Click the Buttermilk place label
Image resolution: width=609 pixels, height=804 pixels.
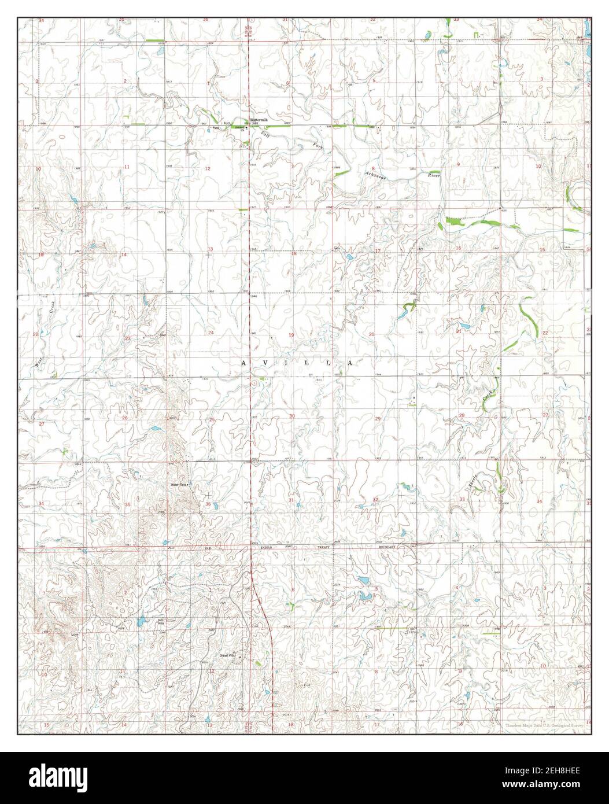click(259, 120)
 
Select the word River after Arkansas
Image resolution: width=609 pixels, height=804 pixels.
click(434, 175)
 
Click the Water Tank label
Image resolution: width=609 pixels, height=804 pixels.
click(179, 484)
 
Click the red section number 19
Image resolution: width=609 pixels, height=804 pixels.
click(291, 335)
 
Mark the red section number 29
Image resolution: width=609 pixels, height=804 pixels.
click(378, 418)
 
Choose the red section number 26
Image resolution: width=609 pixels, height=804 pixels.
click(124, 418)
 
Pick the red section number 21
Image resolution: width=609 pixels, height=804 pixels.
click(459, 331)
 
